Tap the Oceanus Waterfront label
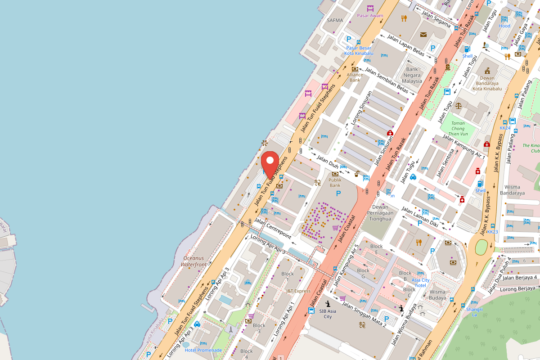coord(193,261)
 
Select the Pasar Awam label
coord(370,16)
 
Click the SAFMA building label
coord(335,20)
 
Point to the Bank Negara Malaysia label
coord(412,75)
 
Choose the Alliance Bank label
coord(355,77)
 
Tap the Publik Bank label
coord(335,182)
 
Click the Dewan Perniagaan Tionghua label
coord(380,213)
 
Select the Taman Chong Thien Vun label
coord(458,128)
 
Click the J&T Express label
coord(298,291)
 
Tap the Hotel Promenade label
coord(203,350)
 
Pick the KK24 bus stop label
coord(505,128)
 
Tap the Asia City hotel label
coord(420,283)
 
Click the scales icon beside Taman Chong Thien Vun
coord(458,106)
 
